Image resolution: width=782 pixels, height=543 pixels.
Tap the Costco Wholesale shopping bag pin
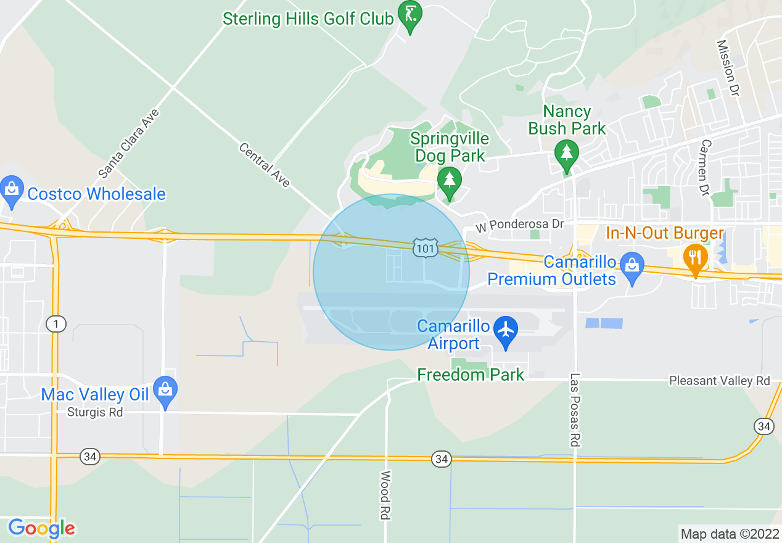coord(12,188)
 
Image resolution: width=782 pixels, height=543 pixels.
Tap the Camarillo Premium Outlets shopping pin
coord(632,266)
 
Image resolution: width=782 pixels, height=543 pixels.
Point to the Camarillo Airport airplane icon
coord(506,329)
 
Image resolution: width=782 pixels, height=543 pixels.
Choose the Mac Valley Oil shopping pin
coord(165,389)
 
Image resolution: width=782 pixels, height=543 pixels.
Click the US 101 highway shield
coord(426,247)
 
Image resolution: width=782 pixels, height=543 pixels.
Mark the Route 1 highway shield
coord(56,323)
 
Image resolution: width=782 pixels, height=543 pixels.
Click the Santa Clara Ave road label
coord(129,142)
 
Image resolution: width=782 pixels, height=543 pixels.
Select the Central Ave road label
coord(264,165)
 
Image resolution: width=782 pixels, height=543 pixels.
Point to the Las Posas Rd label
coord(575,410)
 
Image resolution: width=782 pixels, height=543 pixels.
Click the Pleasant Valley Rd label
coord(720,381)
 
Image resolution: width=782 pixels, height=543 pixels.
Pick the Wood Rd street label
coord(385,495)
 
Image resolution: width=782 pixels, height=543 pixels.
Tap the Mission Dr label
coord(727,68)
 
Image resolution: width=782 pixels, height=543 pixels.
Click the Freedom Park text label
coord(471,375)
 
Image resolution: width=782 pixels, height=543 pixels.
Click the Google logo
coord(41,528)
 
